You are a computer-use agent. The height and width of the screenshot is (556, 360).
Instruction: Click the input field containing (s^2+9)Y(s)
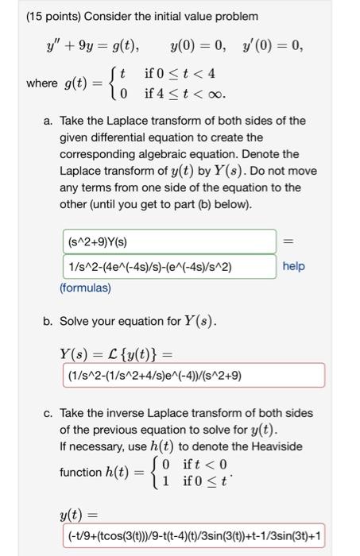click(166, 241)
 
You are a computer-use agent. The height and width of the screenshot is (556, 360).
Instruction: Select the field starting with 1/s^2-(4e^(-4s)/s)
click(166, 266)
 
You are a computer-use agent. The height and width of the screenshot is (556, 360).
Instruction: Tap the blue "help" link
click(293, 266)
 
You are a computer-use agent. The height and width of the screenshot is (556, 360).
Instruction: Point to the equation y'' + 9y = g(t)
click(94, 44)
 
